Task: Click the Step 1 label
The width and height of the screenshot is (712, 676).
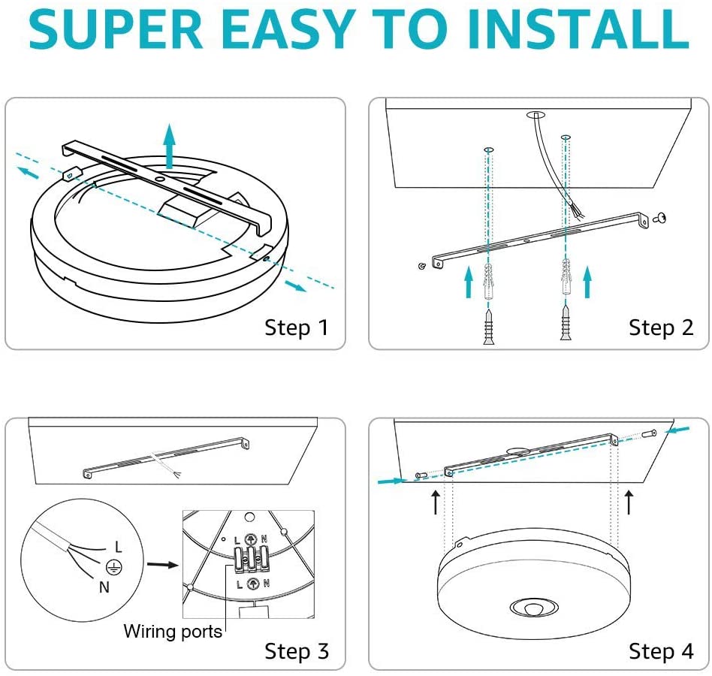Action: (297, 327)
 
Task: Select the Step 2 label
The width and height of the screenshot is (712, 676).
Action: (661, 327)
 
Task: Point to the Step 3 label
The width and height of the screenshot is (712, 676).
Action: (297, 651)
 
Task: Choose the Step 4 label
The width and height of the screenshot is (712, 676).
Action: (661, 651)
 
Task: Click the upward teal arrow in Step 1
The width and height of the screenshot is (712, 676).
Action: (170, 146)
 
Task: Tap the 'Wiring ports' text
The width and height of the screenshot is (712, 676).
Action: (173, 631)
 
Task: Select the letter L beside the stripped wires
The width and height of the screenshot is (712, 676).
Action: (118, 546)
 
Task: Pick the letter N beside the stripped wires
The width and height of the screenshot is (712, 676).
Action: (104, 587)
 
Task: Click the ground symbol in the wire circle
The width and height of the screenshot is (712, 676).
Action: (114, 567)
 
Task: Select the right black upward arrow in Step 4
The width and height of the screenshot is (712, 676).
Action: (629, 502)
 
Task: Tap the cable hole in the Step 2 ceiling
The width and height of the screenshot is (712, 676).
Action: (536, 115)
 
